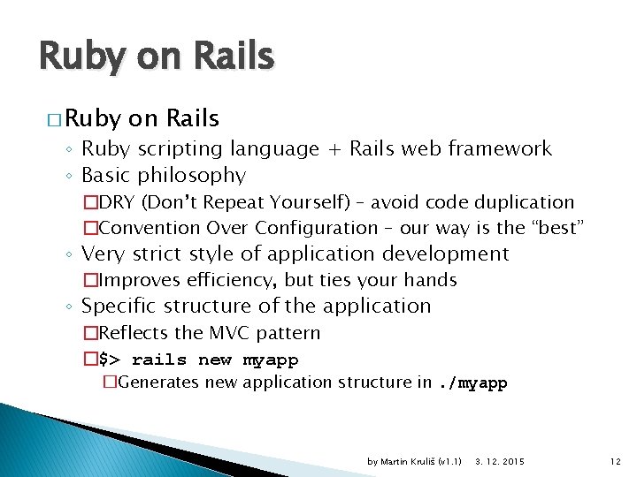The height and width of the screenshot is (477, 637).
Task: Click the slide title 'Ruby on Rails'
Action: pos(157,57)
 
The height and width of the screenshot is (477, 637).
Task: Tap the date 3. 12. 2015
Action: pos(500,462)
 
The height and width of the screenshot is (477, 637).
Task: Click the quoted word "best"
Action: pos(557,228)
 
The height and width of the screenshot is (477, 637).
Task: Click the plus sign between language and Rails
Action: pos(334,149)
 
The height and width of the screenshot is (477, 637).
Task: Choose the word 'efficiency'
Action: pos(224,280)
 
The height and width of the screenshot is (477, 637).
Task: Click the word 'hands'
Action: pos(430,280)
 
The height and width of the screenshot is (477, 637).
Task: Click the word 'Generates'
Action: pos(157,383)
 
